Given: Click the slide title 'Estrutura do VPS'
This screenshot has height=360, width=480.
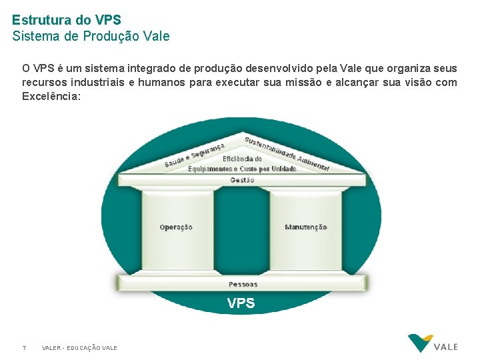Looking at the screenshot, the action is pos(66,20).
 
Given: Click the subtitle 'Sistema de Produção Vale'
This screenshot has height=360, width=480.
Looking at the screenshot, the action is pos(91,36).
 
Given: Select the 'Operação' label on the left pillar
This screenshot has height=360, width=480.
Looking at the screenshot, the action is pos(176,227).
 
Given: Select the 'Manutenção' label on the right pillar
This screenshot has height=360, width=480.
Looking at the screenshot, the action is pos(305,227).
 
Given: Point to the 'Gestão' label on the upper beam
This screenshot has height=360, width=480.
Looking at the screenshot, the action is pos(242,180).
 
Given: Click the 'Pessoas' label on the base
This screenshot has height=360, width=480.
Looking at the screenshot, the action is pos(243,285).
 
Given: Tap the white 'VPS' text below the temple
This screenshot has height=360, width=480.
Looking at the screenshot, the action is pos(241,303).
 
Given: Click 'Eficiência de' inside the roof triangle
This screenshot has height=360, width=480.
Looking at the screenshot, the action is pos(242,159).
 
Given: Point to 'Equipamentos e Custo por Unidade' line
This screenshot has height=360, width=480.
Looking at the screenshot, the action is pos(242,169).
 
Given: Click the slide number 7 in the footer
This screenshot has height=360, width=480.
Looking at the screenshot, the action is pos(24,348).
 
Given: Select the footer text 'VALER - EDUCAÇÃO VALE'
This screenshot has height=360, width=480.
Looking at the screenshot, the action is pos(79,348).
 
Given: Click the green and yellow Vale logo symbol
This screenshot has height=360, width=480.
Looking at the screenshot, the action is pos(420,342).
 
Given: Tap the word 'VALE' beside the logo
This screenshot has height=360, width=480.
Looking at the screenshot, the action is pos(446,347).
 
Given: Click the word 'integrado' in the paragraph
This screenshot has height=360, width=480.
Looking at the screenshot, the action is pos(164,69).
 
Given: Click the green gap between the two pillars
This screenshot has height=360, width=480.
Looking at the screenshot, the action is pos(241,230).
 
